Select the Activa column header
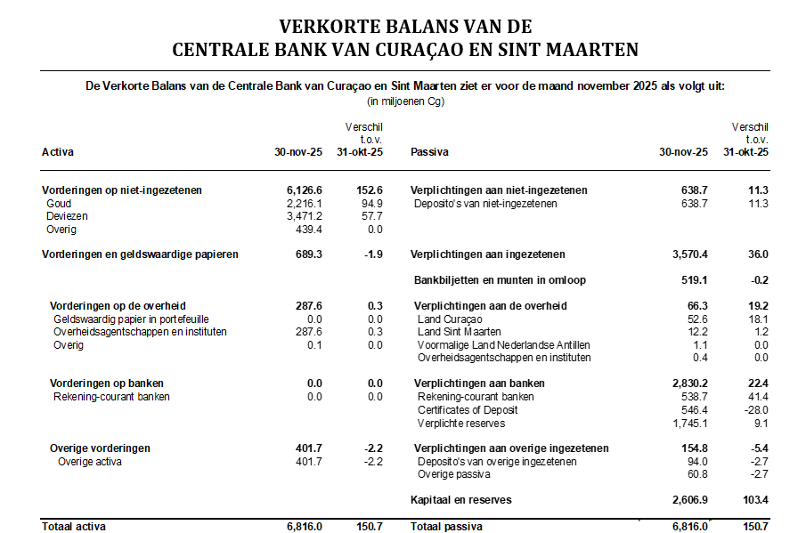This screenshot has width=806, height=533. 58,152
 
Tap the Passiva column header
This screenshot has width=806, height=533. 429,152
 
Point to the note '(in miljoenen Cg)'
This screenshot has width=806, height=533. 405,101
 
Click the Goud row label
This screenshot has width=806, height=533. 59,204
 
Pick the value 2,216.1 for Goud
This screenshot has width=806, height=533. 304,204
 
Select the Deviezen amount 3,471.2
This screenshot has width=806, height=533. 304,216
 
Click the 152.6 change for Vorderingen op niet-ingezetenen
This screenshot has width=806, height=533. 368,190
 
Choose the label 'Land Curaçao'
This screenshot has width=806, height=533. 450,319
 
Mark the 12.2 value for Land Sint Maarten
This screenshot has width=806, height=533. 697,332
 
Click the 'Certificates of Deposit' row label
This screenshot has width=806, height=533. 468,410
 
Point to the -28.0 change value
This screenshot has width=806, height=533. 754,410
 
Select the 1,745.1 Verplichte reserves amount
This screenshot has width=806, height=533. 690,423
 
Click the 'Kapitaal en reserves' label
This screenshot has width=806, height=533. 460,500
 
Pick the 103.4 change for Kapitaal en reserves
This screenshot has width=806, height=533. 753,500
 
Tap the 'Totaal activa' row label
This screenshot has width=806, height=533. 74,527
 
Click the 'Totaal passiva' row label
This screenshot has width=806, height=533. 446,527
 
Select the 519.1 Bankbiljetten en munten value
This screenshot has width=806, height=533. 694,280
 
